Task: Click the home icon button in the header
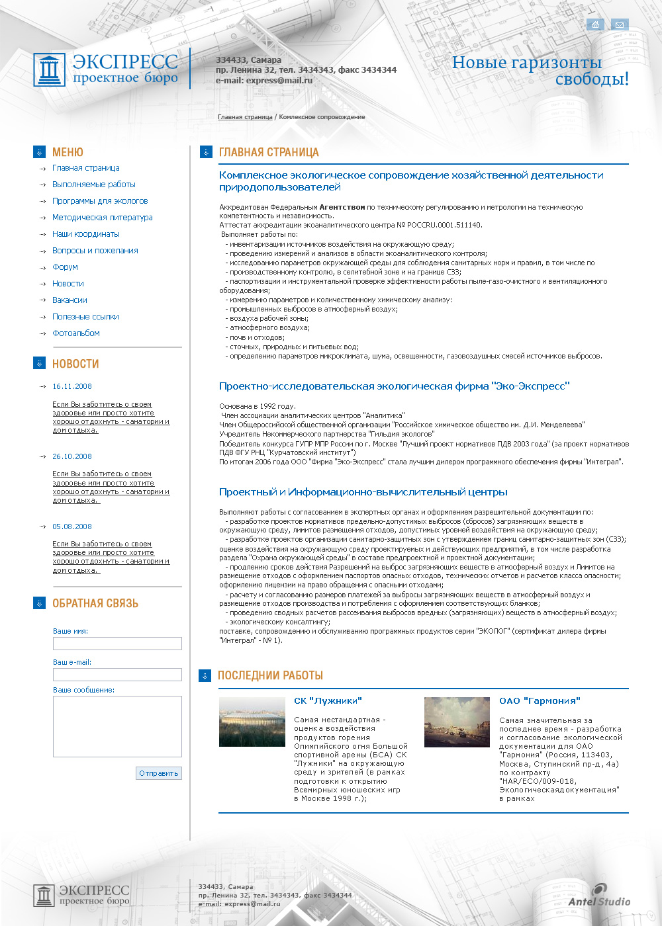[x=595, y=24]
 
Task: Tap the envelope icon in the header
[x=620, y=24]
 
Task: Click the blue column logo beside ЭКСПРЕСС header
[x=50, y=69]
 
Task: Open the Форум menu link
[x=65, y=267]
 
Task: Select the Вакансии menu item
[x=70, y=300]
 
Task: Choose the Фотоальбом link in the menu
[x=76, y=333]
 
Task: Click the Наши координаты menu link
[x=86, y=234]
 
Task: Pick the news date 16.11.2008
[x=72, y=386]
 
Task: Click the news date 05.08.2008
[x=72, y=526]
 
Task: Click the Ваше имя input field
[x=117, y=644]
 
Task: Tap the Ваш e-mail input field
[x=117, y=675]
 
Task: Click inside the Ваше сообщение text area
[x=117, y=726]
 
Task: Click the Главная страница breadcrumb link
[x=245, y=117]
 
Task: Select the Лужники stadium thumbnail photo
[x=252, y=722]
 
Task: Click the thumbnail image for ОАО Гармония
[x=457, y=722]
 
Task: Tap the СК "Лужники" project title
[x=328, y=701]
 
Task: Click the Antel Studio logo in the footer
[x=599, y=895]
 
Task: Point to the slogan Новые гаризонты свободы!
[x=540, y=71]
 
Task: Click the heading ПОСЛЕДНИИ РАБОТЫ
[x=270, y=675]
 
